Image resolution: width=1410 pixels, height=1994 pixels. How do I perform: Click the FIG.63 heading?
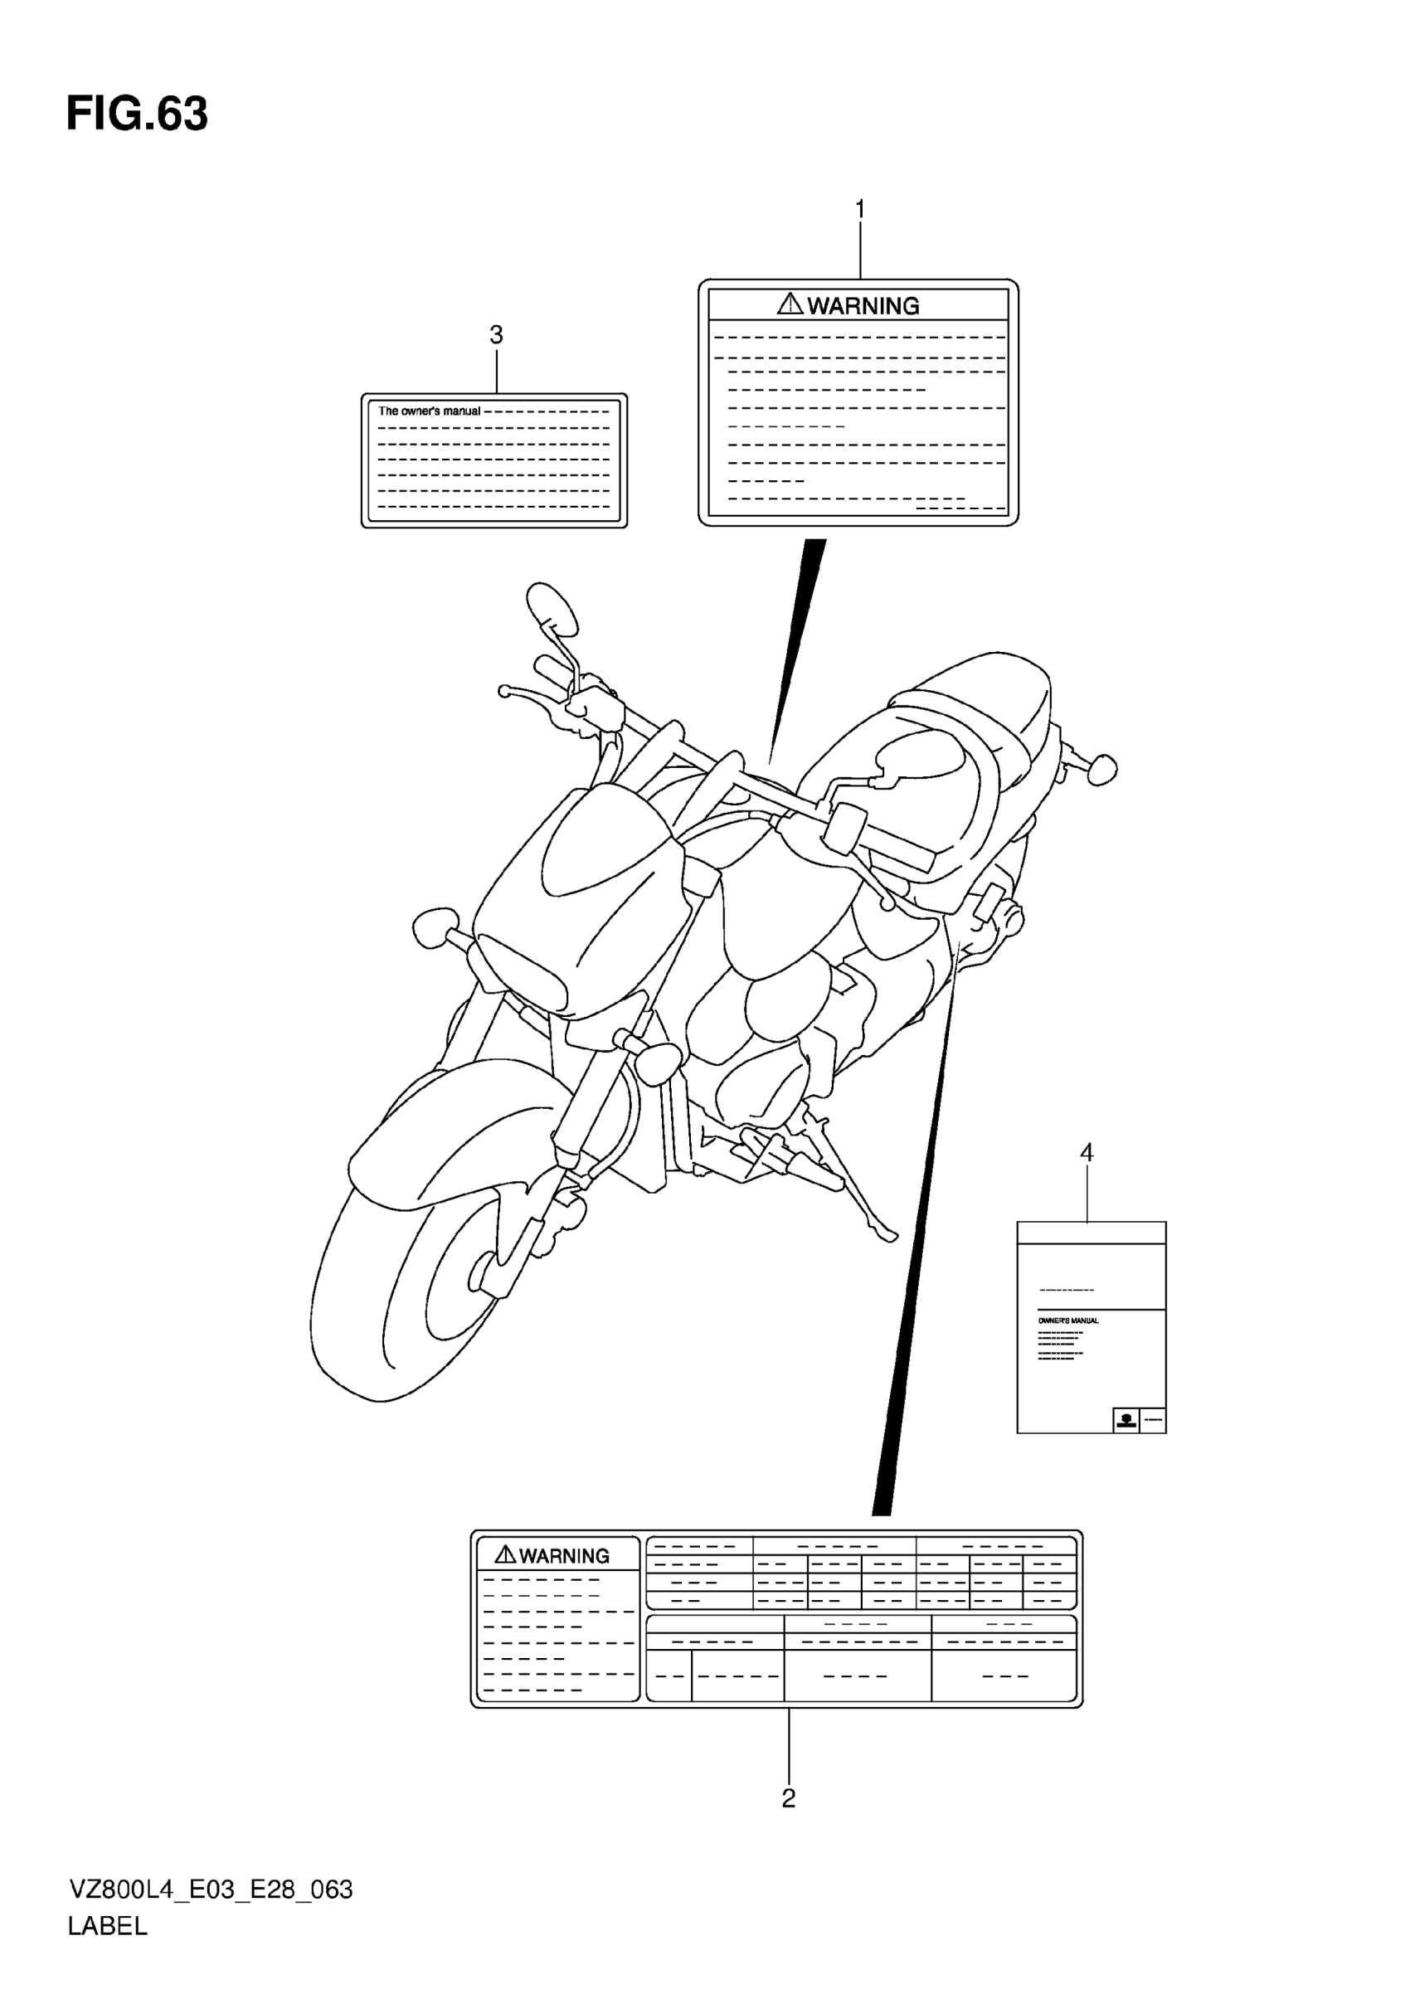click(137, 114)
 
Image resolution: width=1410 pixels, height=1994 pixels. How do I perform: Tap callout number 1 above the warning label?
click(859, 209)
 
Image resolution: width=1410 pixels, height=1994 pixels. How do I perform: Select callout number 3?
click(497, 334)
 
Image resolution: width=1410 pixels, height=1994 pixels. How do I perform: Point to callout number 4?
click(1087, 1152)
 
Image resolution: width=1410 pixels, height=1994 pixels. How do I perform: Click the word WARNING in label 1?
click(863, 306)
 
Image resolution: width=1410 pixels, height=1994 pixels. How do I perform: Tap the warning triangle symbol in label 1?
click(790, 304)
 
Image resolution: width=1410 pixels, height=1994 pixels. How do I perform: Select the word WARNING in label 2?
click(564, 1555)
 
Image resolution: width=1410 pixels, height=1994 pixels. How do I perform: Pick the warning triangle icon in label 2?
click(505, 1554)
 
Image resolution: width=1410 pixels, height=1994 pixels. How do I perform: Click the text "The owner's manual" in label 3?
click(429, 411)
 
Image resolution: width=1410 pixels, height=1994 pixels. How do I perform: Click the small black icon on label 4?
click(1126, 1420)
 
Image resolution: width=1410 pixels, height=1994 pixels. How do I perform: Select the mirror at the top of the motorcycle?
click(552, 609)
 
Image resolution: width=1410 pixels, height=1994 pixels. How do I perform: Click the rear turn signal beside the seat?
click(1100, 769)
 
